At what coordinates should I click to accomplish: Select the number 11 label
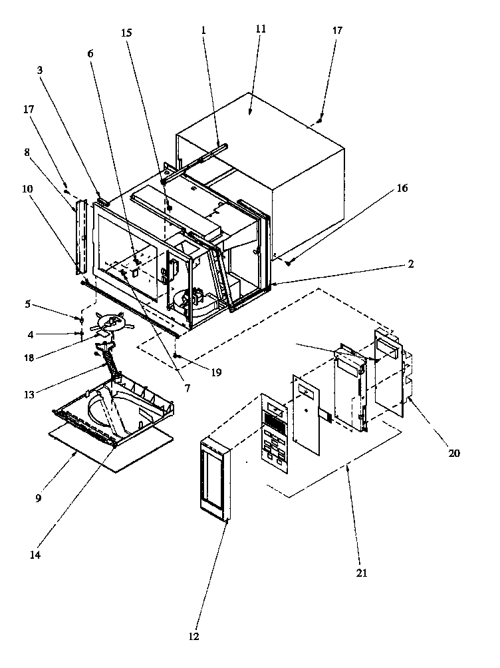tap(260, 29)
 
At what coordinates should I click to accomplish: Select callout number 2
tap(411, 264)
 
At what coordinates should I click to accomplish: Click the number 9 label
tap(39, 497)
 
